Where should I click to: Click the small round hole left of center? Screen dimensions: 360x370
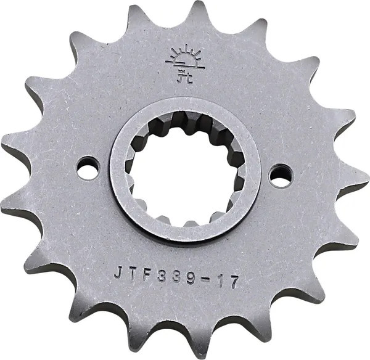(x=88, y=168)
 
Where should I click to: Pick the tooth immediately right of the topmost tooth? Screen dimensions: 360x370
(x=259, y=28)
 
